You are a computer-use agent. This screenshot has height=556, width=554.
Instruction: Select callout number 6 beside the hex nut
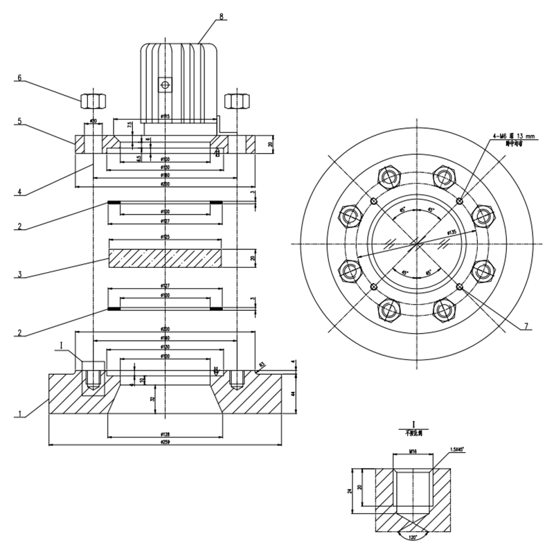pos(20,78)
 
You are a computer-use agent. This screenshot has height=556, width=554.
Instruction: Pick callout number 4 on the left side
pos(20,193)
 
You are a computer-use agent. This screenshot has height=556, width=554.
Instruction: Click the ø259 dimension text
pos(165,441)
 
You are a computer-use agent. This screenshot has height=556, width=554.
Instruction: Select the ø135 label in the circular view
pos(452,232)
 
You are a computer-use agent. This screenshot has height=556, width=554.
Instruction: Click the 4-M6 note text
pos(511,137)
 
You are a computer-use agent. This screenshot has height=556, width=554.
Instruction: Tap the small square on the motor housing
pos(165,84)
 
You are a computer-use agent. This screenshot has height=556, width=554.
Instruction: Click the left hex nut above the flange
pos(92,100)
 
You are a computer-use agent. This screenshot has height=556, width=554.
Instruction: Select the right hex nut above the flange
pos(237,100)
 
